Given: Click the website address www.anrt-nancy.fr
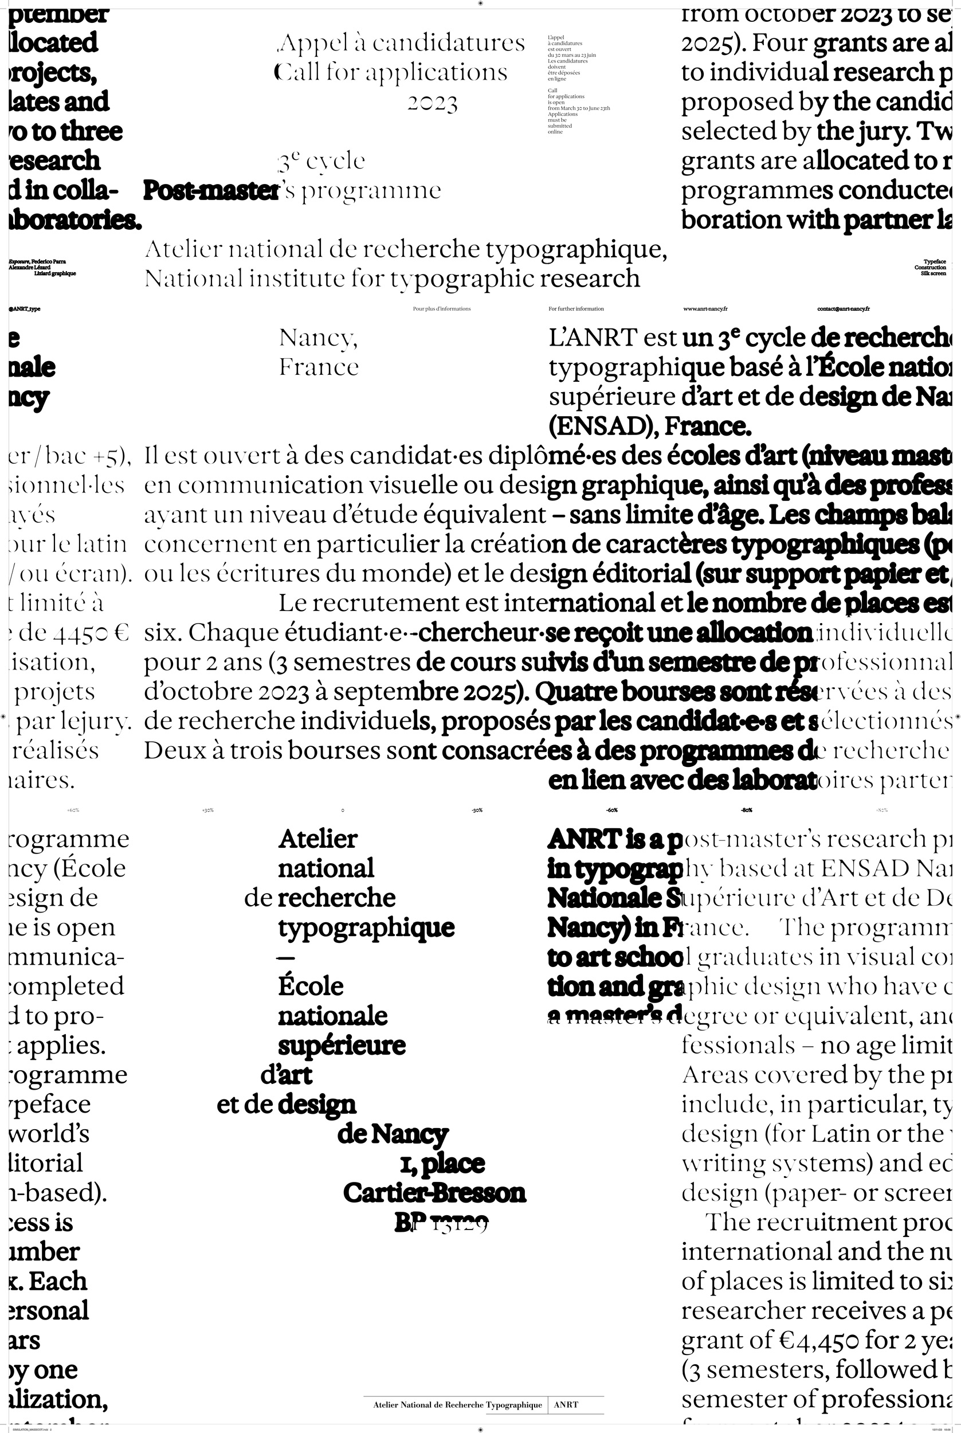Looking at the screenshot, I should [x=705, y=309].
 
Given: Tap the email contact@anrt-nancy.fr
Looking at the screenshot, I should [x=843, y=309].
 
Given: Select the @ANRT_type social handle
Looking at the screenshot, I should [x=25, y=309].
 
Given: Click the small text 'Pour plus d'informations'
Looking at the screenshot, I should [x=441, y=309].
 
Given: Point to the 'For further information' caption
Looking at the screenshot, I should [x=576, y=309].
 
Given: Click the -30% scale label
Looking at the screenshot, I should [x=477, y=811].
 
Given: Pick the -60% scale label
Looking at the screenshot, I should [x=611, y=811].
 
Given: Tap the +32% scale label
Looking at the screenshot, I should [x=208, y=811].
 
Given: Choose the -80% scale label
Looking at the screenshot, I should [x=747, y=811].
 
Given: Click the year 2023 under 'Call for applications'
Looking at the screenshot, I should [x=433, y=103].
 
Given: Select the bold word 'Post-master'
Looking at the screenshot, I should [x=211, y=191].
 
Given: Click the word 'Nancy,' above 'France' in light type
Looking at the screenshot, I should [x=318, y=338].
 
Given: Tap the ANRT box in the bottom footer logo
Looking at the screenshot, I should [x=566, y=1405].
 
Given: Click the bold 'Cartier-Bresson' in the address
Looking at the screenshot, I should [x=434, y=1193].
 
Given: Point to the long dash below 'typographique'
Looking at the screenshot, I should [x=286, y=957].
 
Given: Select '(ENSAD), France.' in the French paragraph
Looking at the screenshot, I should [x=650, y=426].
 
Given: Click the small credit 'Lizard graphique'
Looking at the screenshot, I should [x=55, y=273].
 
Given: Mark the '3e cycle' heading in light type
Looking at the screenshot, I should [x=321, y=162].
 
